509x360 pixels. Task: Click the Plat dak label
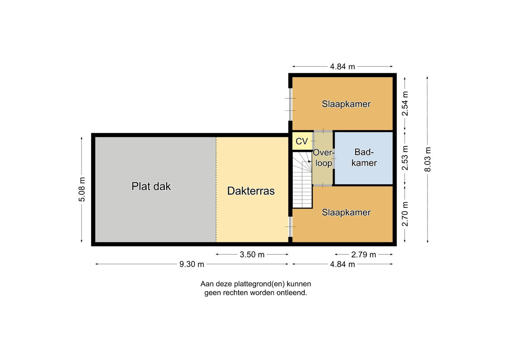coord(151,186)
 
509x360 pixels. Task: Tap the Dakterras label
coord(251,191)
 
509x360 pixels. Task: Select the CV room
coord(302,141)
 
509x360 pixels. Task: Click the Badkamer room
coord(364,158)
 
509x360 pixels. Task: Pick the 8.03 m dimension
coord(428,160)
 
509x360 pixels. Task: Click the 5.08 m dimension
coord(81,190)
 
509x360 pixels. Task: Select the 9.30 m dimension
coord(192,264)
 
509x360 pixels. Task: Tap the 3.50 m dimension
coord(252,254)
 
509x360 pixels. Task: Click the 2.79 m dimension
coord(364,255)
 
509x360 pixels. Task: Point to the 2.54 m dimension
coord(405,104)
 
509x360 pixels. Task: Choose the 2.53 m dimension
coord(405,158)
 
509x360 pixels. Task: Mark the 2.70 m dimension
coord(405,214)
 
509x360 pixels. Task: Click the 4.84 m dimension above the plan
coord(342,66)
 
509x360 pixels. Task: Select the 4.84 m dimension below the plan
coord(342,264)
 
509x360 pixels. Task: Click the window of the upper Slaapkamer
coord(290,105)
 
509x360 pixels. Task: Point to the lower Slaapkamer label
coord(346,212)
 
